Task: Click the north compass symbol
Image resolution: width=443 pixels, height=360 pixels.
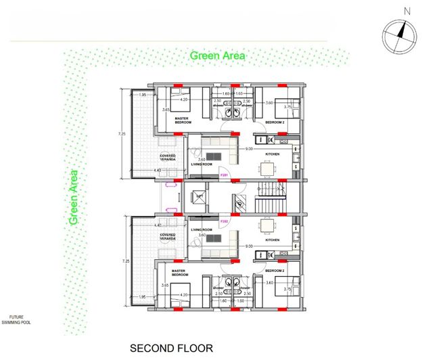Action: pyautogui.click(x=398, y=36)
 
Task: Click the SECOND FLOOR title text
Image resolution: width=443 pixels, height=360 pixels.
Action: pyautogui.click(x=171, y=348)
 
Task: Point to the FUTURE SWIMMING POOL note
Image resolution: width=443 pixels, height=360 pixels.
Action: pyautogui.click(x=16, y=319)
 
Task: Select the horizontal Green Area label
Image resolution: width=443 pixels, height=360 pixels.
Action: pyautogui.click(x=217, y=55)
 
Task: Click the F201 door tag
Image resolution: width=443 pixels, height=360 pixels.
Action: pyautogui.click(x=223, y=176)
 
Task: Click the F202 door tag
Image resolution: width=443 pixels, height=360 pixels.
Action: pyautogui.click(x=223, y=221)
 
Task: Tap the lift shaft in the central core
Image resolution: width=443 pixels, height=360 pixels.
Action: pyautogui.click(x=199, y=198)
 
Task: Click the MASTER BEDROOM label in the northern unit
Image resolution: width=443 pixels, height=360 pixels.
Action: pyautogui.click(x=181, y=120)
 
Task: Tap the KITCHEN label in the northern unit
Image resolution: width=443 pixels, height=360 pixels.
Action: pyautogui.click(x=273, y=154)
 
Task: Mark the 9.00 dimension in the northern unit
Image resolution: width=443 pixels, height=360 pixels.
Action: pyautogui.click(x=248, y=148)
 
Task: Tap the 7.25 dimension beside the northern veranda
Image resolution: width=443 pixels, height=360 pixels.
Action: pyautogui.click(x=122, y=134)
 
